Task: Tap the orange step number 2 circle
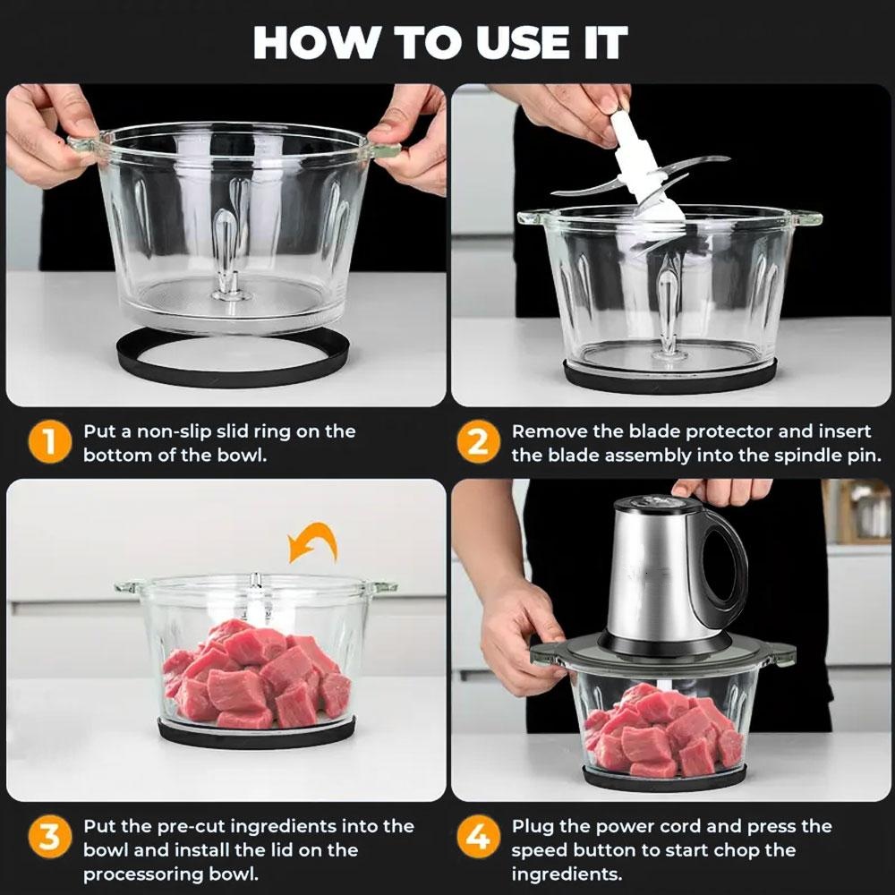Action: pyautogui.click(x=479, y=443)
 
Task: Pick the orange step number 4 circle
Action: pyautogui.click(x=479, y=839)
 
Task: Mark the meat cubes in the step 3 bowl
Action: pyautogui.click(x=255, y=676)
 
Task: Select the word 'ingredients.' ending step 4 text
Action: pyautogui.click(x=566, y=874)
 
